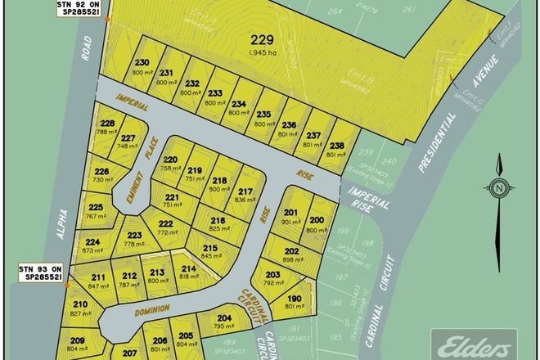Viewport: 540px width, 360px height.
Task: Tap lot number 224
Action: coord(93,242)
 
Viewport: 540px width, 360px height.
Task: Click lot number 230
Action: coord(142,62)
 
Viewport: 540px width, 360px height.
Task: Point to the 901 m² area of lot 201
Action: coord(290,221)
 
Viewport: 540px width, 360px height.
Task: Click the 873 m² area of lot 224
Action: coord(92,251)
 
